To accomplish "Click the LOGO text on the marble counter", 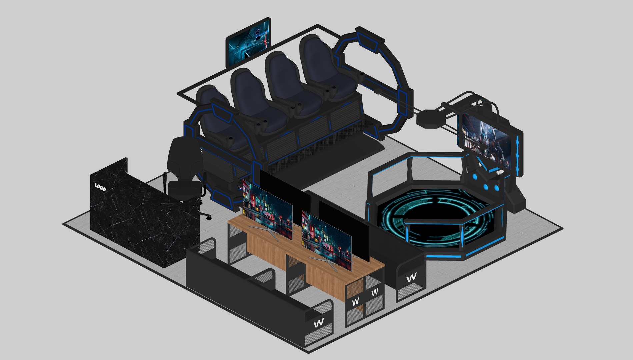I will point(100,187).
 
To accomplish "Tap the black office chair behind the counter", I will point(183,170).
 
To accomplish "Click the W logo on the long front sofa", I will point(319,323).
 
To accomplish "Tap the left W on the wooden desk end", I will point(355,302).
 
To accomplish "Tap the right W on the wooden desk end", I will point(375,292).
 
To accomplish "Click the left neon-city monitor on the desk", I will point(267,209).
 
